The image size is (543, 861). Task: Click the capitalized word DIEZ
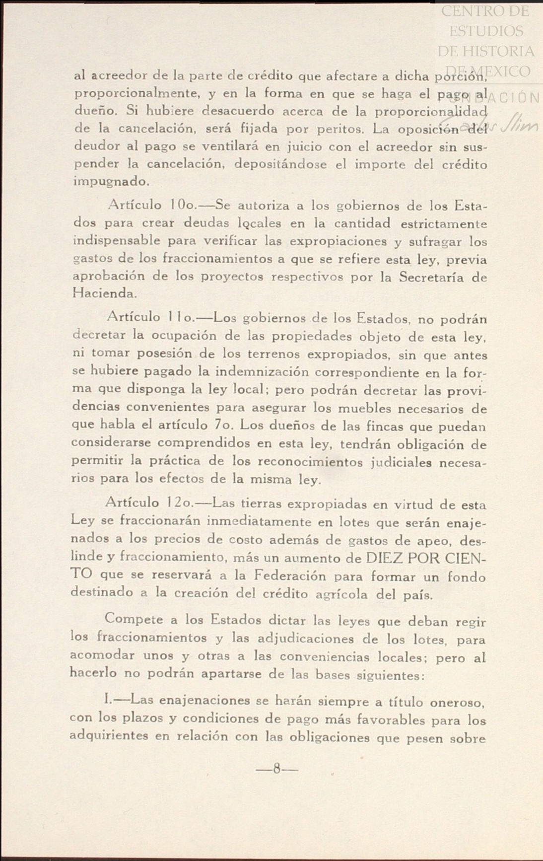[384, 558]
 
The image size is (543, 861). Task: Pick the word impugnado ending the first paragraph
[111, 182]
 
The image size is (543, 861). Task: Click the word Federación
[290, 575]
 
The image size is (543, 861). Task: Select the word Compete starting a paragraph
[134, 619]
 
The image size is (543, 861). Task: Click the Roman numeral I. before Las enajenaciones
[107, 700]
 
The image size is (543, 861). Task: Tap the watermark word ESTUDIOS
[486, 31]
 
